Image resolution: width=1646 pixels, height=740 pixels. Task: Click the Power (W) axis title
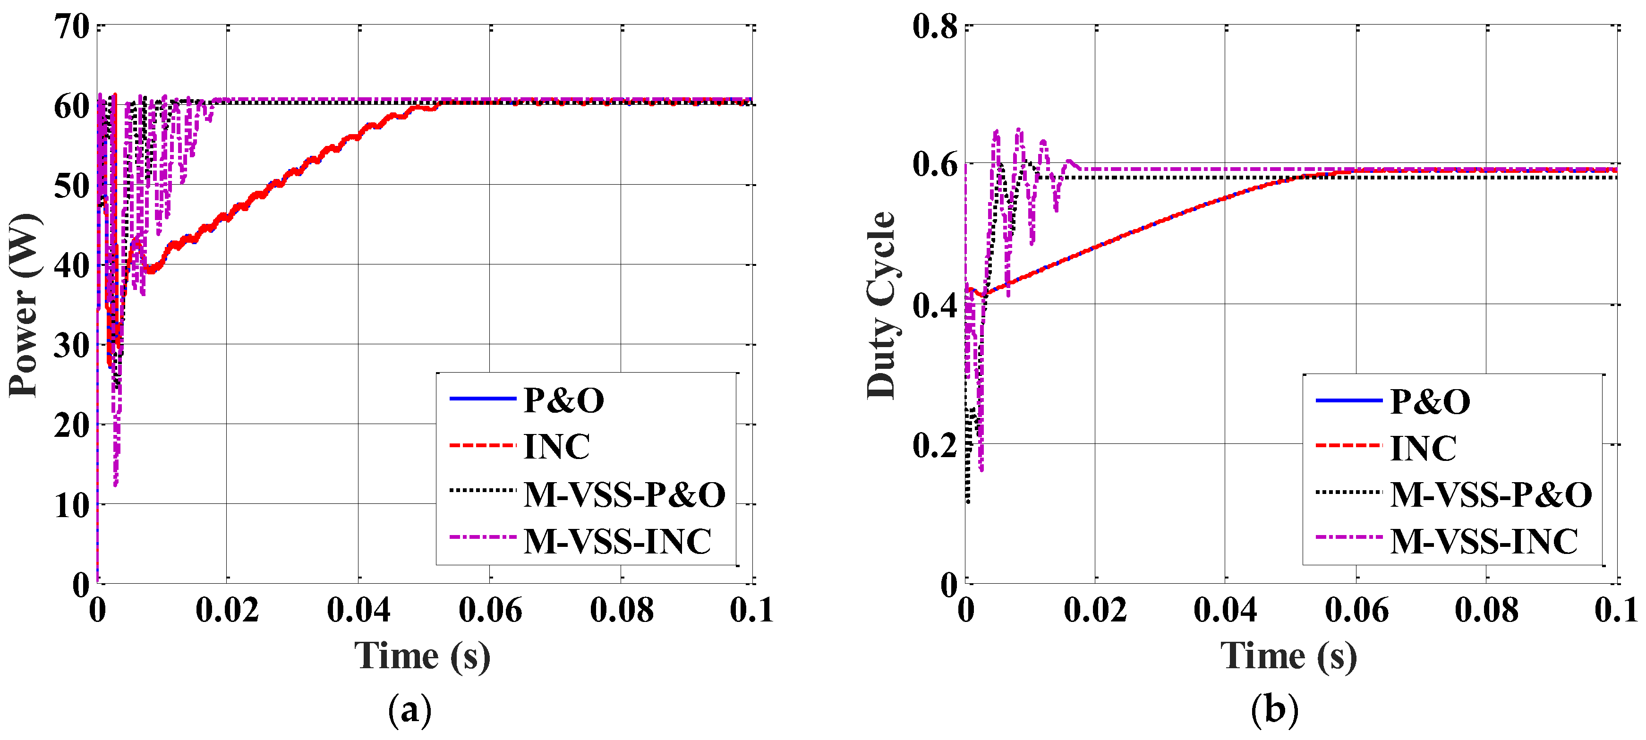tap(24, 306)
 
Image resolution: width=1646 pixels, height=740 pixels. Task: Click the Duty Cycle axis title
tap(882, 306)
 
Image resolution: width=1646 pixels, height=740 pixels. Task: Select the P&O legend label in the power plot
tap(563, 400)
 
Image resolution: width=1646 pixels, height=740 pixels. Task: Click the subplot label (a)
tap(409, 709)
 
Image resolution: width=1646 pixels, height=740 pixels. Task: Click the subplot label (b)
tap(1275, 709)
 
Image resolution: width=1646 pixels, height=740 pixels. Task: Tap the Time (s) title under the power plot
tap(422, 656)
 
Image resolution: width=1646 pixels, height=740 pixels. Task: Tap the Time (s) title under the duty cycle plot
tap(1288, 656)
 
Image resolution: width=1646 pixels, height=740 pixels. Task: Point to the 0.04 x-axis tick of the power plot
tap(358, 610)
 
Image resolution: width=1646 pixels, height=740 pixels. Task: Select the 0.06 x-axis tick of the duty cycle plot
tap(1356, 610)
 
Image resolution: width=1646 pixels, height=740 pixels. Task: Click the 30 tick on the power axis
tap(72, 346)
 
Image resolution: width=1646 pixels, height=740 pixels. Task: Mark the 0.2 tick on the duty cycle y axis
tap(934, 445)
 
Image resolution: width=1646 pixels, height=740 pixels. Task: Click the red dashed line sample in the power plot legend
tap(482, 445)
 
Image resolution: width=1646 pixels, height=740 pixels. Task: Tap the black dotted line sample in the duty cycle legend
tap(1348, 492)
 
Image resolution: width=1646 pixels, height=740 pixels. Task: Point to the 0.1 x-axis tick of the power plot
tap(751, 610)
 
